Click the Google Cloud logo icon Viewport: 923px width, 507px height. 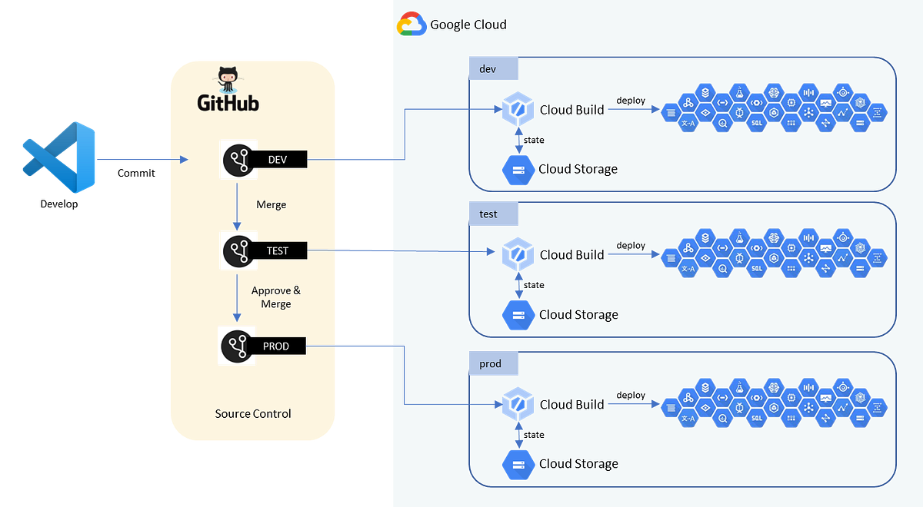(x=411, y=25)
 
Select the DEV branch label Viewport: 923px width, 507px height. (x=277, y=159)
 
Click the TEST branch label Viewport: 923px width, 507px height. (x=277, y=250)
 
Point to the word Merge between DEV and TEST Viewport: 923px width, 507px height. (x=271, y=205)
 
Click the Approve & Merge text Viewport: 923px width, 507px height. (x=275, y=297)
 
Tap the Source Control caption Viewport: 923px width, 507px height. (x=253, y=414)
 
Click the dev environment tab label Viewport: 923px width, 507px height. (x=488, y=69)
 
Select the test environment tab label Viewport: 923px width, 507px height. (x=488, y=214)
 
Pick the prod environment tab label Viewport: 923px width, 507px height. (x=490, y=363)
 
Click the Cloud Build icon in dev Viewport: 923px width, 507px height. (x=517, y=110)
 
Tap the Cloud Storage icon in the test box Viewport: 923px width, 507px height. (x=518, y=314)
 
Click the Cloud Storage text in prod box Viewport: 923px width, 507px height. (x=578, y=463)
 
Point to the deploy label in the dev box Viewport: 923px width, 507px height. (x=631, y=101)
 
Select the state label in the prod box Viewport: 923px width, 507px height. (x=534, y=435)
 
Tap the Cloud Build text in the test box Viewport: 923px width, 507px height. (x=571, y=255)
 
